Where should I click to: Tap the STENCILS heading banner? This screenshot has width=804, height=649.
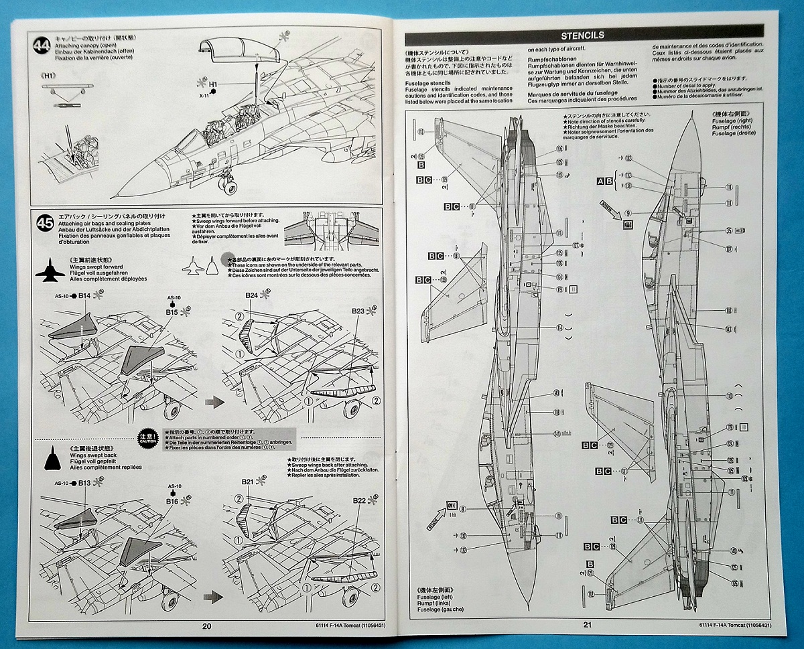[x=582, y=35]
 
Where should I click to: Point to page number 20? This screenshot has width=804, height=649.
[x=206, y=626]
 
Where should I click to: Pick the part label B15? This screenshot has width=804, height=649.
[x=171, y=311]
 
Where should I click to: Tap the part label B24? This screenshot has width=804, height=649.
[x=251, y=295]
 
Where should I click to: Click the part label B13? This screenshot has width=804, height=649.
[x=84, y=483]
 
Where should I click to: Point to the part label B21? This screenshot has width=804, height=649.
[x=249, y=482]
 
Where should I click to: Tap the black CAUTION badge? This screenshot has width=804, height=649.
[x=148, y=435]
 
